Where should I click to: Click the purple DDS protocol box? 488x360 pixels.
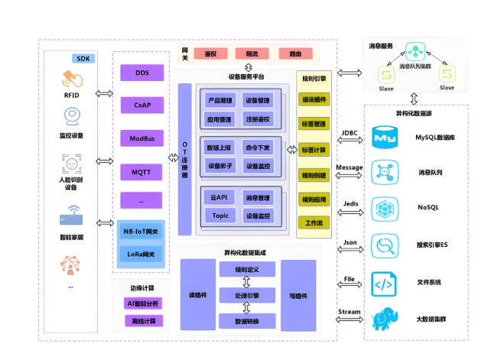tap(142, 73)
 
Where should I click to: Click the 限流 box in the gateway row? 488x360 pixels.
tap(252, 54)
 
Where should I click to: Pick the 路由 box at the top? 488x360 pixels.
tap(294, 54)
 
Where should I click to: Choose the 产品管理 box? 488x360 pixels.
tap(220, 101)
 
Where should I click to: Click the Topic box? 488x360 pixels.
tap(220, 216)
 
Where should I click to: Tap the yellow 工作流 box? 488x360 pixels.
tap(314, 223)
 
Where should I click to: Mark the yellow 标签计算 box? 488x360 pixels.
tap(314, 150)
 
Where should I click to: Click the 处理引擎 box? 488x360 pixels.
tap(247, 295)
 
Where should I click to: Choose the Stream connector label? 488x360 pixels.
tap(349, 312)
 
